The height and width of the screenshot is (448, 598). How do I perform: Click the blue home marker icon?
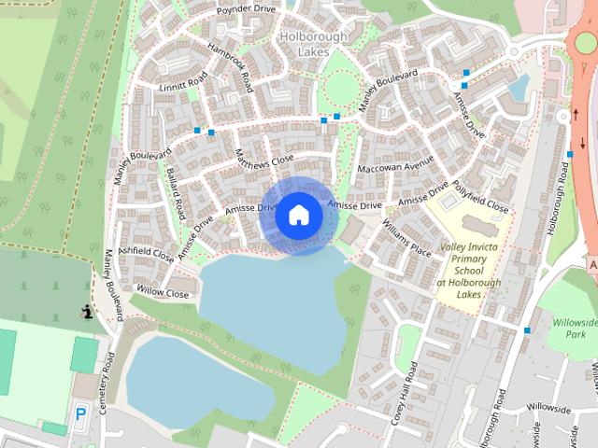(x=299, y=215)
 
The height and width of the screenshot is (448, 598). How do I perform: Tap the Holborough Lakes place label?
(x=313, y=45)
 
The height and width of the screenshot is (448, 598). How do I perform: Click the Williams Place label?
(x=406, y=239)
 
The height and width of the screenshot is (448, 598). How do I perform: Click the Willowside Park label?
(x=573, y=327)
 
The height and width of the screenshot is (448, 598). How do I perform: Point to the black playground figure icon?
(x=87, y=312)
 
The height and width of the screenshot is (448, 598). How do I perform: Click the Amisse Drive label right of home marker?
(x=356, y=204)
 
